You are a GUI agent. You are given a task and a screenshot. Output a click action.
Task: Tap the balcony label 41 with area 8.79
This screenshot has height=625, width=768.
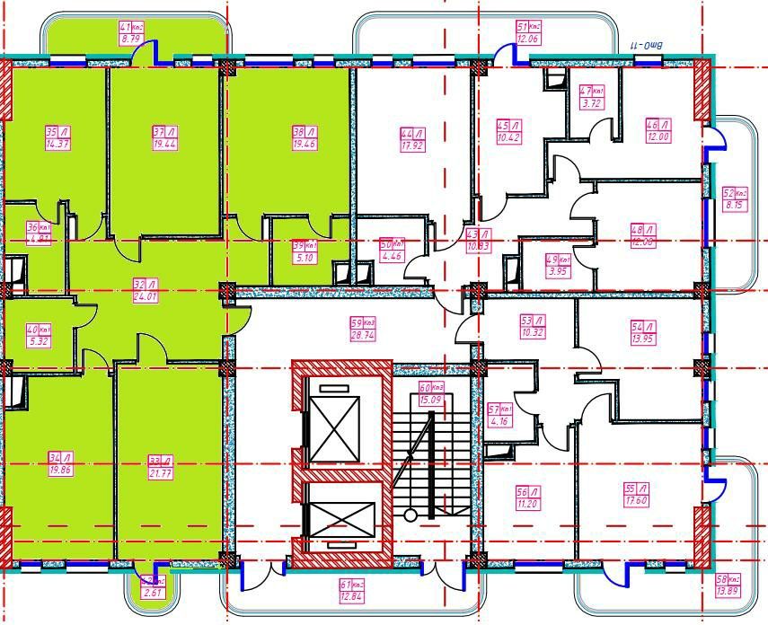click(x=131, y=33)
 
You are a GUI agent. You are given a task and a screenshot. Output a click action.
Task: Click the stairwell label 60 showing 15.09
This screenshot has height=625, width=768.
click(x=431, y=393)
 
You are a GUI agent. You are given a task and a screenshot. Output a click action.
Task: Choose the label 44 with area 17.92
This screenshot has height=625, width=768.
click(x=411, y=140)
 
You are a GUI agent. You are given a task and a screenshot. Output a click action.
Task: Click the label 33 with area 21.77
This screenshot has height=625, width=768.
click(x=160, y=467)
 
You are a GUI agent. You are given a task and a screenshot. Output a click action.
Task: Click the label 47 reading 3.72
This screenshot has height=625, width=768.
click(x=591, y=97)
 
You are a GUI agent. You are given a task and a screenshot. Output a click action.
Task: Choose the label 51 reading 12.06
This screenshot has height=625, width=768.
click(x=528, y=33)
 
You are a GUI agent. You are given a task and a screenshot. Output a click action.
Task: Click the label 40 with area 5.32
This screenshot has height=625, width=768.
click(x=39, y=335)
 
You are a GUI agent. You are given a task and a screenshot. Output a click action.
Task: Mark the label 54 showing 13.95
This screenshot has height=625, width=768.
click(x=642, y=333)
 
